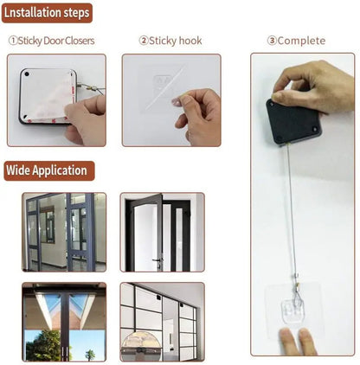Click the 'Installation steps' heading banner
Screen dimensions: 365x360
click(x=48, y=13)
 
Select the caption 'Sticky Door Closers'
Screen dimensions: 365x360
click(x=56, y=41)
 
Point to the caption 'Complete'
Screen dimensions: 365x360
click(x=301, y=41)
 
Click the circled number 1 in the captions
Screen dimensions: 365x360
click(x=13, y=41)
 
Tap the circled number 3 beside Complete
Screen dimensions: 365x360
click(x=271, y=41)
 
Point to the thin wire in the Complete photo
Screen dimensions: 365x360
click(x=289, y=216)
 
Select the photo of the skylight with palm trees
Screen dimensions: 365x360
click(x=64, y=322)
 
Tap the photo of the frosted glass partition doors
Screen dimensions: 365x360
click(x=162, y=322)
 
